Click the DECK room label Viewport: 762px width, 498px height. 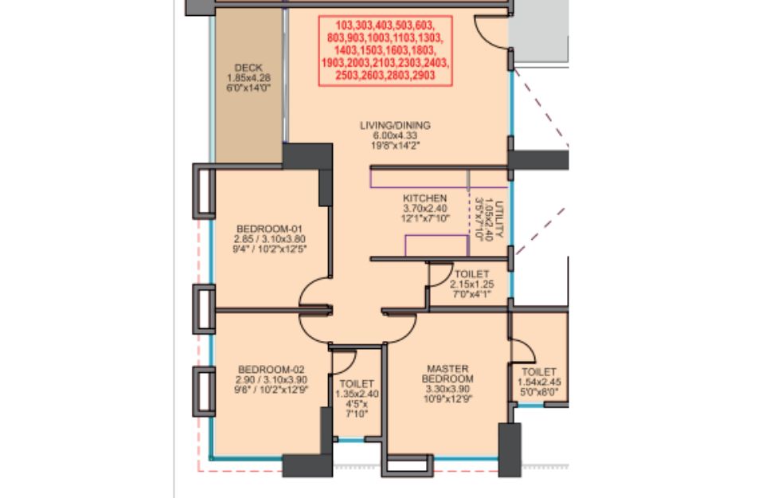(x=248, y=68)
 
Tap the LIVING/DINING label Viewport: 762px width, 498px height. (x=395, y=125)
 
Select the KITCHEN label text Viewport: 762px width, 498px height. (x=424, y=198)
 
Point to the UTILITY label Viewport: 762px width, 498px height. (x=500, y=219)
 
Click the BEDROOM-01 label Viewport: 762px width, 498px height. (x=269, y=229)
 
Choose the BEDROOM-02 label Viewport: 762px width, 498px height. (x=272, y=370)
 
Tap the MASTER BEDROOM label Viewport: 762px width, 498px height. (x=447, y=374)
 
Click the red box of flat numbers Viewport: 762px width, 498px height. (x=385, y=50)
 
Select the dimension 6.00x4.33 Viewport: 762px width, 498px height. (x=395, y=135)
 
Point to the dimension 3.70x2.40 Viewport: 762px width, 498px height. (x=424, y=208)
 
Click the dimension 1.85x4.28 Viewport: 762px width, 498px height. (x=248, y=78)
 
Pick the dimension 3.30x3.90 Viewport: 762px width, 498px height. (x=447, y=389)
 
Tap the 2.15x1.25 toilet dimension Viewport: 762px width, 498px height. (x=472, y=284)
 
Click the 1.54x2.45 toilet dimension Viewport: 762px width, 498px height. (x=539, y=382)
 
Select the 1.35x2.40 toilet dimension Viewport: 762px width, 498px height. (x=357, y=394)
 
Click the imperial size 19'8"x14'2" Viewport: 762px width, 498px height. (x=395, y=145)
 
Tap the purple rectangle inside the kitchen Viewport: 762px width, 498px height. (x=436, y=236)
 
